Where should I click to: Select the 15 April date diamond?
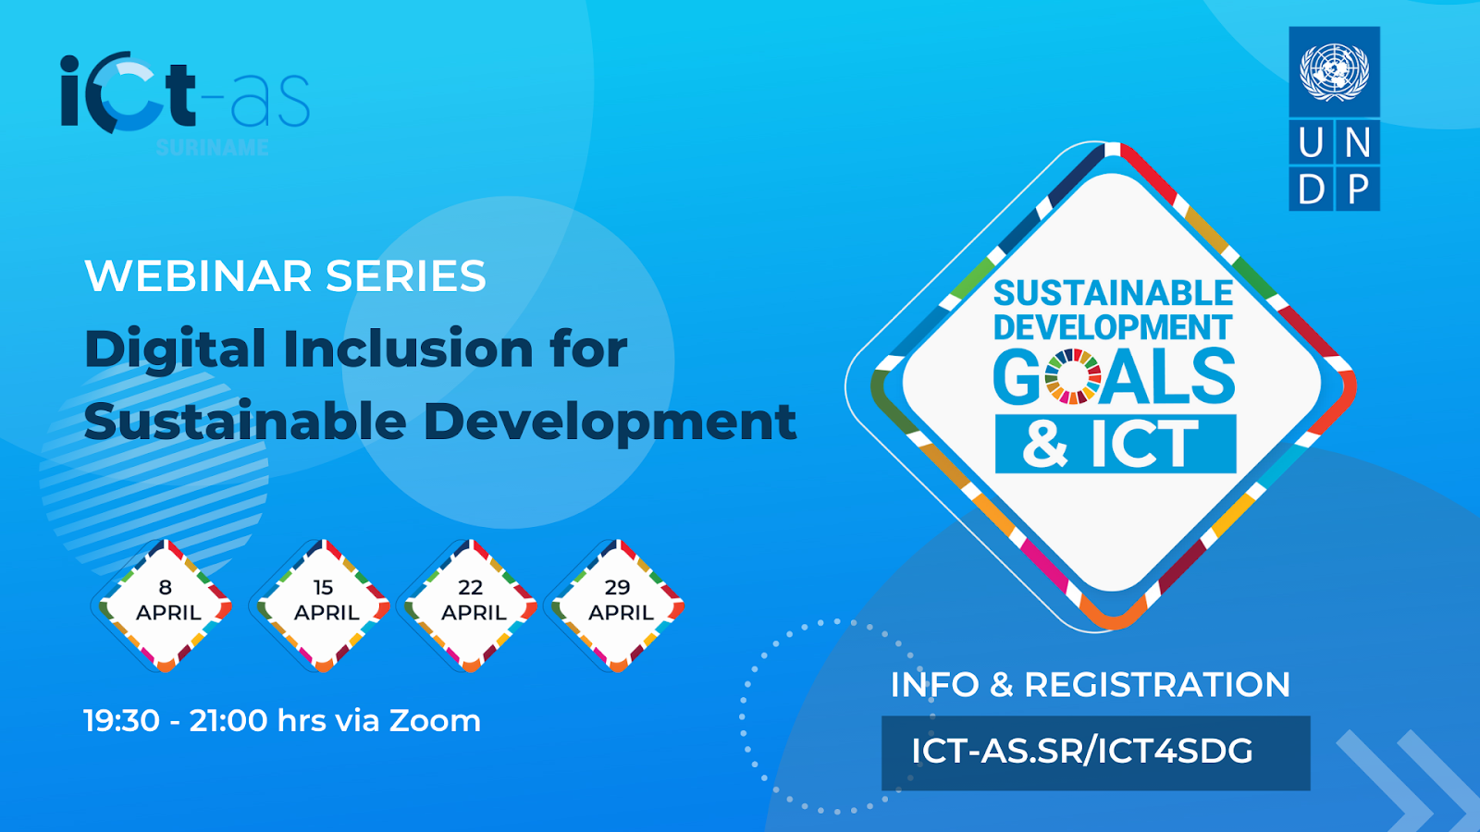[323, 606]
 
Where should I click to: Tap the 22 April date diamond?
[471, 606]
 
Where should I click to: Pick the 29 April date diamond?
[618, 606]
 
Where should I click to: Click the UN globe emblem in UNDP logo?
[1334, 72]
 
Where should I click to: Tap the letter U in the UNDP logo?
[1311, 142]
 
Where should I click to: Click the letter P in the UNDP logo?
[1358, 190]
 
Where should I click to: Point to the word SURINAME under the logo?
[212, 147]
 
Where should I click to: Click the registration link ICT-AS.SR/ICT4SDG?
[1081, 752]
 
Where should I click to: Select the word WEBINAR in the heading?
[198, 276]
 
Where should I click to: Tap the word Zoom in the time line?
[435, 720]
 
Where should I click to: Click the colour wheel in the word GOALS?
[1073, 376]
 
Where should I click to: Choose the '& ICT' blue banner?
[1116, 444]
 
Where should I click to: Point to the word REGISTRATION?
[1157, 685]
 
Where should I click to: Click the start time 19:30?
[121, 720]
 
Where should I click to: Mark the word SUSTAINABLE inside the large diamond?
[1114, 293]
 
